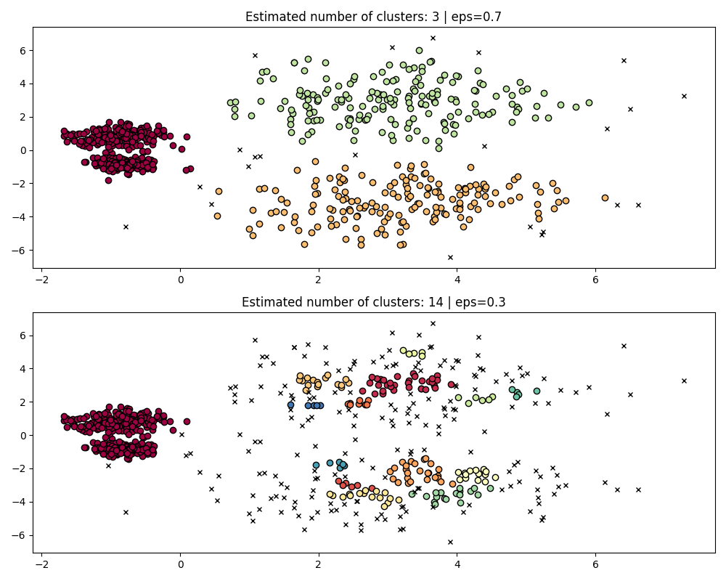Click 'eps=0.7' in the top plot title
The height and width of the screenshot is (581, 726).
pyautogui.click(x=479, y=17)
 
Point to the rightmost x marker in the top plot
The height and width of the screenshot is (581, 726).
pyautogui.click(x=684, y=96)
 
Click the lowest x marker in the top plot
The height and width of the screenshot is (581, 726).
pyautogui.click(x=450, y=257)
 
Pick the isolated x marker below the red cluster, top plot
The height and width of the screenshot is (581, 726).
pyautogui.click(x=126, y=227)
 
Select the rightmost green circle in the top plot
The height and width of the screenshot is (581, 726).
pyautogui.click(x=589, y=102)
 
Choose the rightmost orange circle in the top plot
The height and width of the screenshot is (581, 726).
pyautogui.click(x=605, y=198)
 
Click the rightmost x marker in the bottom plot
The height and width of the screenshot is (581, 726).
pyautogui.click(x=684, y=381)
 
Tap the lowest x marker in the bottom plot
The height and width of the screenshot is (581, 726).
pyautogui.click(x=450, y=542)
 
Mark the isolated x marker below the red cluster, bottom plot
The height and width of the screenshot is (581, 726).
pyautogui.click(x=126, y=512)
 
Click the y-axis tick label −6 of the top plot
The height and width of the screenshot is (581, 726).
pyautogui.click(x=20, y=250)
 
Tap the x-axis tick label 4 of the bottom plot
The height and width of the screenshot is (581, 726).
pyautogui.click(x=457, y=565)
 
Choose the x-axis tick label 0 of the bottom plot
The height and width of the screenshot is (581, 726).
pyautogui.click(x=180, y=565)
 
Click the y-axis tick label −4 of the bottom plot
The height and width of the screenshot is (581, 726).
pyautogui.click(x=20, y=502)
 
